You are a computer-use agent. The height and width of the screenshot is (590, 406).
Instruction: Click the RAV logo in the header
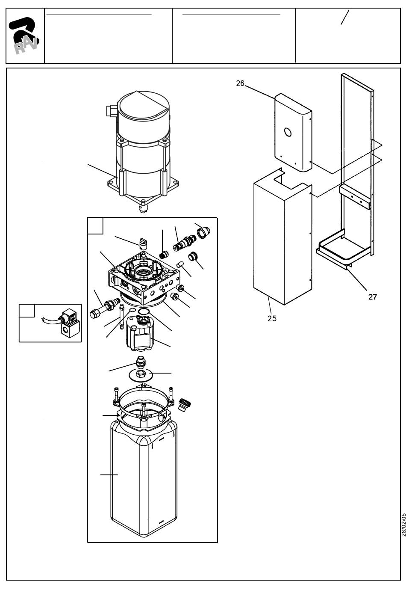click(x=24, y=35)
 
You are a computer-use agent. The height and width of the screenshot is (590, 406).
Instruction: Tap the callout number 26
click(x=240, y=83)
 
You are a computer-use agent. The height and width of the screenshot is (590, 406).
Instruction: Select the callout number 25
click(x=272, y=318)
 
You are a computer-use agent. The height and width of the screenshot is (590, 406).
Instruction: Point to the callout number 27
click(x=372, y=297)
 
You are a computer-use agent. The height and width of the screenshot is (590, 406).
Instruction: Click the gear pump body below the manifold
click(x=140, y=333)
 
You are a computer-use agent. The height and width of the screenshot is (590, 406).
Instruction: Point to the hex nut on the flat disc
click(x=140, y=373)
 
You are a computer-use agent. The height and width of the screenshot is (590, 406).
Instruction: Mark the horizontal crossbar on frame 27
click(x=355, y=195)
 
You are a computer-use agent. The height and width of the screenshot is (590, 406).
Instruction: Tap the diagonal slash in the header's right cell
click(x=345, y=18)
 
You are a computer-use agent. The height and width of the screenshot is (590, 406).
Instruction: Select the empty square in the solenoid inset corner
click(x=27, y=311)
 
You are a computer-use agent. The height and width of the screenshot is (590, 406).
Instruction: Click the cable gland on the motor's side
click(x=111, y=111)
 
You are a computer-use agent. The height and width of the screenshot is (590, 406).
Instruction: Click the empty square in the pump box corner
click(x=95, y=226)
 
